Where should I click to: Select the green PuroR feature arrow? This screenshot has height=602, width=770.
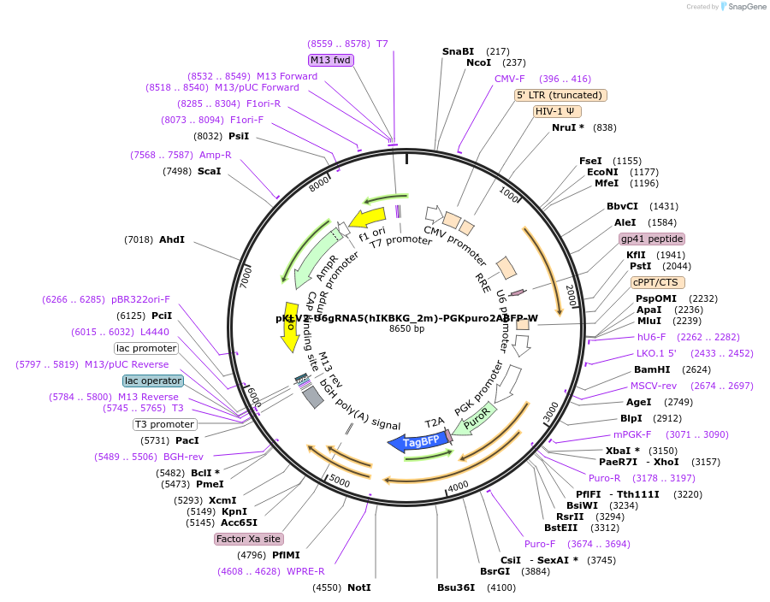[473, 418]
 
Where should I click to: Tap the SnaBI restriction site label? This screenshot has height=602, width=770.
[458, 51]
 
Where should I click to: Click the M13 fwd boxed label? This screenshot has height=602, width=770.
[331, 60]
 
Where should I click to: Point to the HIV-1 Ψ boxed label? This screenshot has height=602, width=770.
[557, 111]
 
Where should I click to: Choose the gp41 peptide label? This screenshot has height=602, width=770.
[652, 239]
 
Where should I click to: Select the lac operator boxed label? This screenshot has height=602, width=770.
[153, 381]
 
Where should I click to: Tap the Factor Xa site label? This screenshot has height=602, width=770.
[248, 539]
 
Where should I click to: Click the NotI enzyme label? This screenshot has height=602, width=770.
[359, 587]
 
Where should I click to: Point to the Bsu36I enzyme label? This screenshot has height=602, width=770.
[456, 587]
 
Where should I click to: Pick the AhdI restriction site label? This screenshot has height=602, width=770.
[172, 239]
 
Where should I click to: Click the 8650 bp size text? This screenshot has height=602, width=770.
[406, 329]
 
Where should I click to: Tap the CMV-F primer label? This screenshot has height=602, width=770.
[510, 79]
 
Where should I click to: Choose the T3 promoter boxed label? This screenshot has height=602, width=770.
[164, 424]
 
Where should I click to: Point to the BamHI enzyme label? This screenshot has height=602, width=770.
[651, 369]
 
